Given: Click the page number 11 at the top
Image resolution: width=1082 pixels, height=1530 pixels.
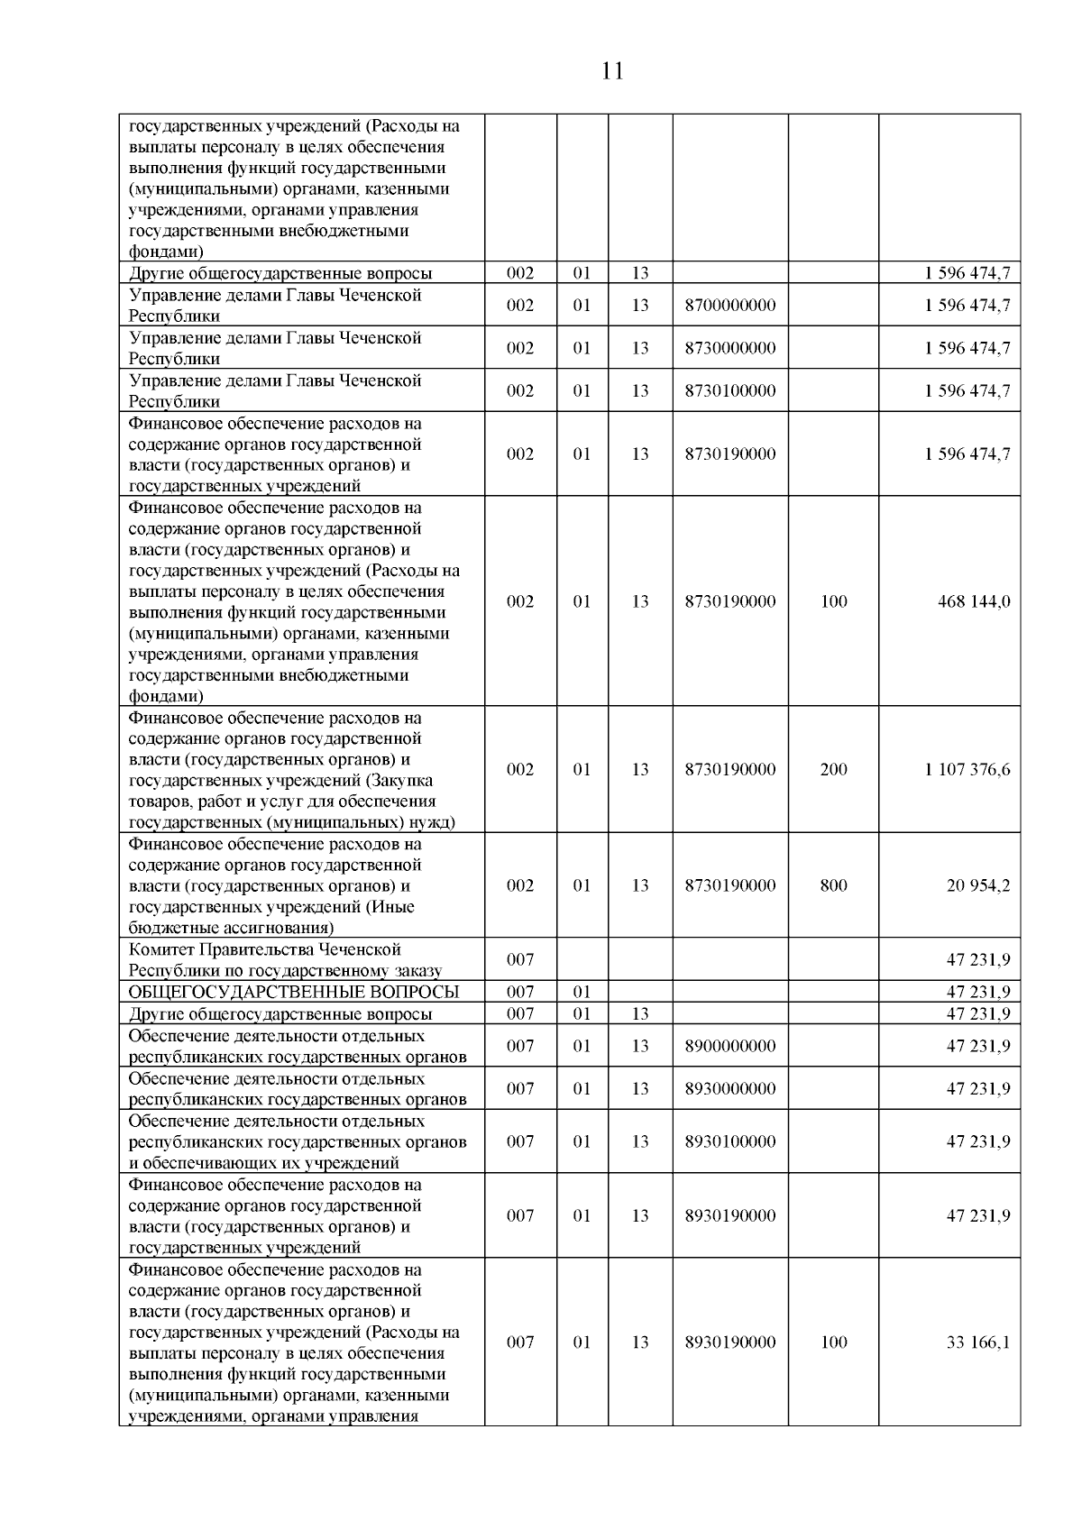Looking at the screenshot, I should [x=612, y=71].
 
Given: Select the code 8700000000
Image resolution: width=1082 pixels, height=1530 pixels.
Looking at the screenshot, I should [x=729, y=306].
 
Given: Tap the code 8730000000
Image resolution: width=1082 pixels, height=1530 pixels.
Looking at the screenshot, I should [x=729, y=348].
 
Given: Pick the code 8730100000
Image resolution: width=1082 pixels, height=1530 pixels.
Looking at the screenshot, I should [x=729, y=390].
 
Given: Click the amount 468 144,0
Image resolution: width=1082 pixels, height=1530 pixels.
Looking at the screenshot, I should [x=974, y=601].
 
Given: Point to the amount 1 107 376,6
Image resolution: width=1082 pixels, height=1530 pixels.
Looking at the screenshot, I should [x=967, y=769].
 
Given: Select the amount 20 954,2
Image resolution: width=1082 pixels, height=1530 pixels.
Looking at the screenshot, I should [x=977, y=885].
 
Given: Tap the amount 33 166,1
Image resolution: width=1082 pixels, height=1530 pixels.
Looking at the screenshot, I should [x=977, y=1342].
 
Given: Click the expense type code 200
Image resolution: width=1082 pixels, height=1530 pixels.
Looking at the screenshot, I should [x=833, y=769].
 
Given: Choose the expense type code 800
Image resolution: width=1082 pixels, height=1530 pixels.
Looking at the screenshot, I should [x=833, y=885].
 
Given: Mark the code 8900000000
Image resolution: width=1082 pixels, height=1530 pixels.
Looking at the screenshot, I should [x=729, y=1046].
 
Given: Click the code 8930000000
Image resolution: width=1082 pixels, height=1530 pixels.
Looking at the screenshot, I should [x=729, y=1088].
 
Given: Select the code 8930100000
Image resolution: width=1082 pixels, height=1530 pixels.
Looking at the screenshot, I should [x=729, y=1141].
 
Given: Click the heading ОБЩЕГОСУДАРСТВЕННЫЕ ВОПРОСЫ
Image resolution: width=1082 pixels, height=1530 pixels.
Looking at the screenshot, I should [x=294, y=993].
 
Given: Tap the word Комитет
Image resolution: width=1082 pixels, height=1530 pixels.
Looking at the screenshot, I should [x=160, y=949].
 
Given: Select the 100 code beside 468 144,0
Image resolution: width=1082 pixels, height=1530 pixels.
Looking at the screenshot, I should [x=833, y=601].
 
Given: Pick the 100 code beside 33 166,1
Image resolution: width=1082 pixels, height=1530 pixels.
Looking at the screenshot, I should [x=833, y=1342].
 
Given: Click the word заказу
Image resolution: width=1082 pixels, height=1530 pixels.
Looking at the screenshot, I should [x=417, y=971].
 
